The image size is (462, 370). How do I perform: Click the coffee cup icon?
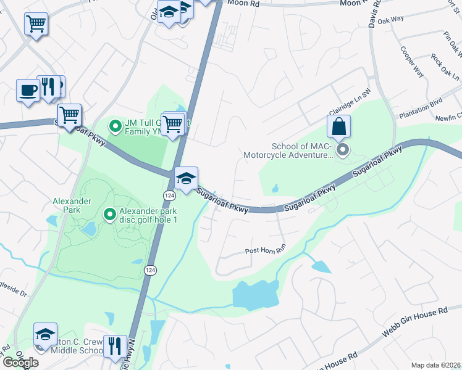tap(28, 90)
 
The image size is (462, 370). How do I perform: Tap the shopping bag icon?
tap(339, 126)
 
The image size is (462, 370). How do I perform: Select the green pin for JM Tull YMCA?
tap(115, 126)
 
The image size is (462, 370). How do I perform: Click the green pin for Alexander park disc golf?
tap(110, 215)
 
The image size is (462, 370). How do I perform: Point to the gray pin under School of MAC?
tap(342, 150)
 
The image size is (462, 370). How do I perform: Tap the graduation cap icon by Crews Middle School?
tap(45, 335)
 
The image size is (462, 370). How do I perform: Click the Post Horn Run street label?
tap(266, 251)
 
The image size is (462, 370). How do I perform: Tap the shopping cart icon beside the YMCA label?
tap(173, 123)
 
